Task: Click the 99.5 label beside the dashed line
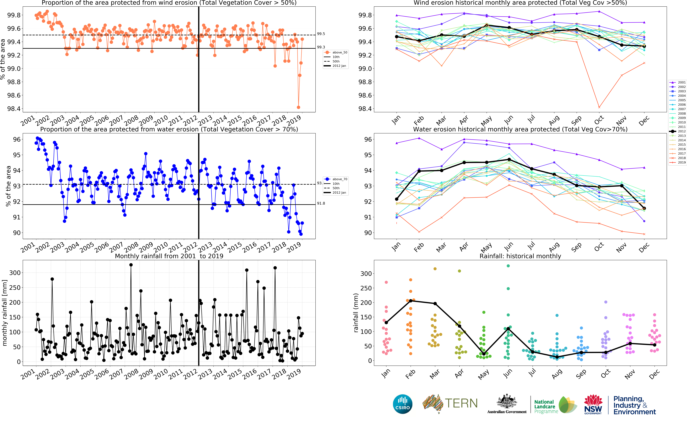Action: click(321, 34)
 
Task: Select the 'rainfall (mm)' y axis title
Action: click(356, 313)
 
